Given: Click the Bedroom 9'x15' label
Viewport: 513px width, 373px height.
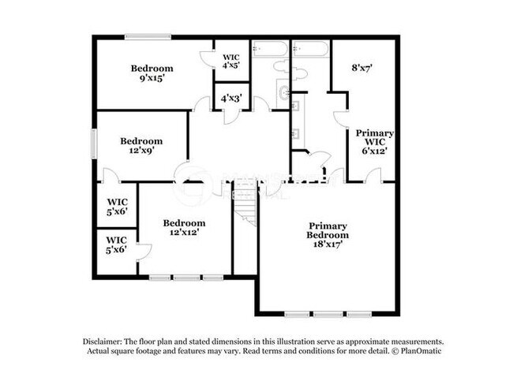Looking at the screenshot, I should pos(152,73).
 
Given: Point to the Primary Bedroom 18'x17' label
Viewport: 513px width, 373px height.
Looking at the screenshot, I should pos(328,235).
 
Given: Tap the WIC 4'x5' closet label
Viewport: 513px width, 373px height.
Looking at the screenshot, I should pos(231,62).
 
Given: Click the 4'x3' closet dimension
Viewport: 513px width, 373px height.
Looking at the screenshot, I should pos(231,99).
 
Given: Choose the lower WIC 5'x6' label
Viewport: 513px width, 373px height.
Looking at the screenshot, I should pos(116,244).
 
